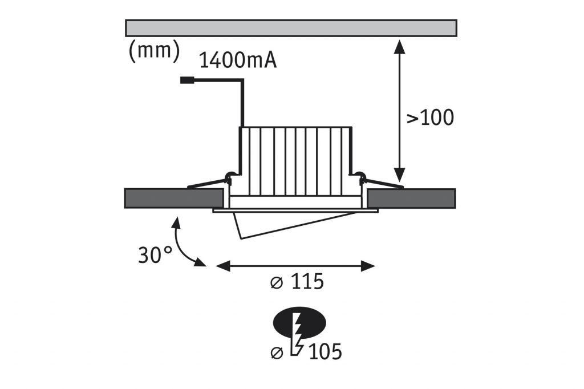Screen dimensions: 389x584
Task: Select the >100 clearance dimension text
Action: click(x=430, y=118)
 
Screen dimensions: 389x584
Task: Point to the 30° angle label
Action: click(x=155, y=254)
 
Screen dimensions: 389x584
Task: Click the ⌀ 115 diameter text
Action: click(x=297, y=282)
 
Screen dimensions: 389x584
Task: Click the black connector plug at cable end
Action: click(x=186, y=80)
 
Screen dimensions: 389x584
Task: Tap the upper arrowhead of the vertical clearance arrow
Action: click(x=400, y=46)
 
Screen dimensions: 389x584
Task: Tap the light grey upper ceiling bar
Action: click(x=291, y=28)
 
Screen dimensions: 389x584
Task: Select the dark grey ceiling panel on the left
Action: click(x=173, y=197)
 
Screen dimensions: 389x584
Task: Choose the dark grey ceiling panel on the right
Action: click(x=411, y=197)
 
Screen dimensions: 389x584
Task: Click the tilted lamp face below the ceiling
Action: click(x=285, y=223)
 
